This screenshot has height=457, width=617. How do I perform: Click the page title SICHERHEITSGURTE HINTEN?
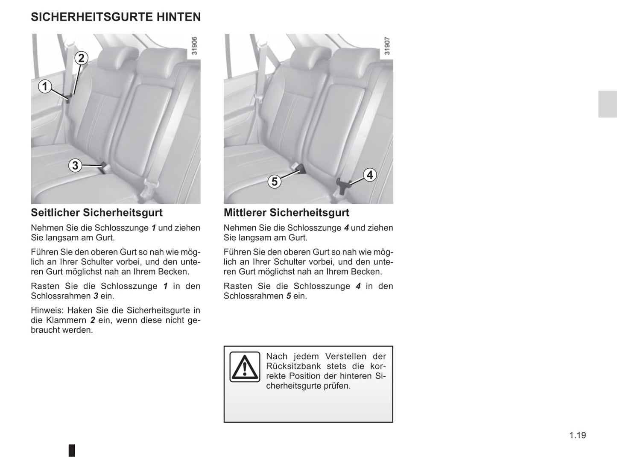coord(116,17)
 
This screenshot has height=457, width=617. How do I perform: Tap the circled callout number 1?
coord(45,87)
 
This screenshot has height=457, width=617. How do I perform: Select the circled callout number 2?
coord(81,58)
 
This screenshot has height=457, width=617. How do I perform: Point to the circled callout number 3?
coord(75,165)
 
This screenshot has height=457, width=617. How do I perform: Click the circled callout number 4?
coord(369,175)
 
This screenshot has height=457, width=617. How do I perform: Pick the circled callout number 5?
coord(274,182)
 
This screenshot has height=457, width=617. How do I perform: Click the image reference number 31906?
coord(194,46)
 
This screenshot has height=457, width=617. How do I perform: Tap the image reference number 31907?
coord(387,46)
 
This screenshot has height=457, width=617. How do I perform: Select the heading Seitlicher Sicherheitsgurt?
coord(96,213)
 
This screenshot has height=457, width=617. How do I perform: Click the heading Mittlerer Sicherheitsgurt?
coord(286,213)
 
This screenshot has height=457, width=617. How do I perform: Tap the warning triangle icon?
coord(245,367)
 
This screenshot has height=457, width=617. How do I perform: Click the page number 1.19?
coord(577,435)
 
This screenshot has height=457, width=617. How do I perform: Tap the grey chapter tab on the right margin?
coord(607,104)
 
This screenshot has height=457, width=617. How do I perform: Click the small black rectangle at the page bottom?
coord(72,450)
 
